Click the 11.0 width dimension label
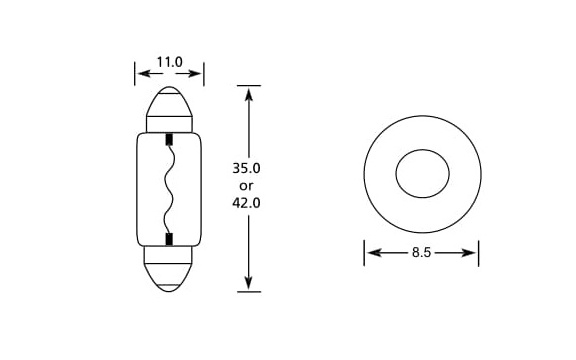pyautogui.click(x=169, y=62)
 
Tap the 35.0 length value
pyautogui.click(x=246, y=168)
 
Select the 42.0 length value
pyautogui.click(x=246, y=203)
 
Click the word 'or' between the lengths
pyautogui.click(x=246, y=186)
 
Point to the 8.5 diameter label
pyautogui.click(x=421, y=252)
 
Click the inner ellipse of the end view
pyautogui.click(x=422, y=150)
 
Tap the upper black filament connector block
pyautogui.click(x=169, y=140)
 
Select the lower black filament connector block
pyautogui.click(x=169, y=239)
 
